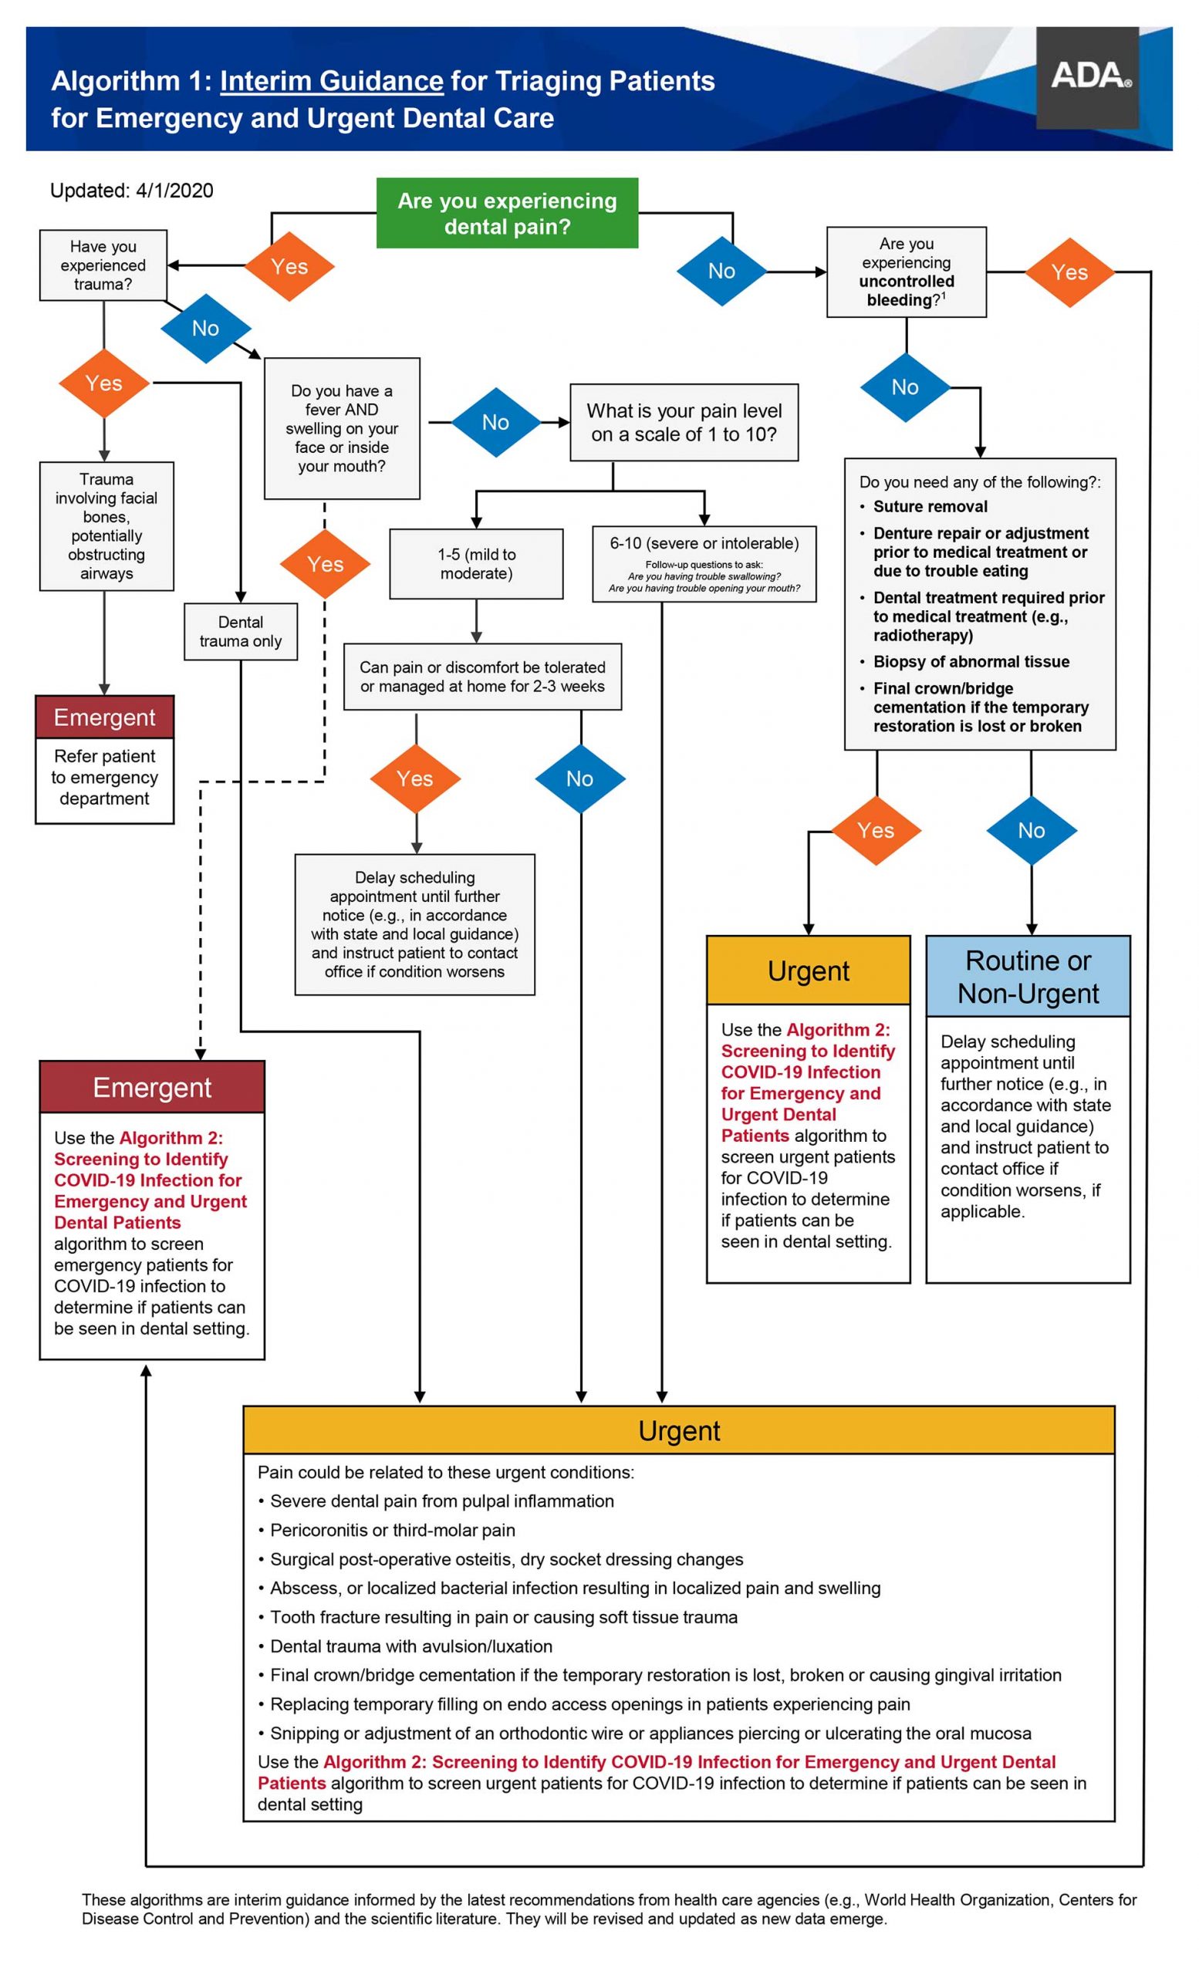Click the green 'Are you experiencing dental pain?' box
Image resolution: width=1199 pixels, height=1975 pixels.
tap(508, 213)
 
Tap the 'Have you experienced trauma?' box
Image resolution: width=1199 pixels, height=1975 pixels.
tap(103, 265)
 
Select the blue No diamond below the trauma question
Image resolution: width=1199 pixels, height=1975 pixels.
tap(206, 328)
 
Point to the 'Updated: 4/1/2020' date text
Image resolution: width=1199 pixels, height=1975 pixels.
tap(131, 191)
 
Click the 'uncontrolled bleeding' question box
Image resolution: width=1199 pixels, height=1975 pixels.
tap(907, 272)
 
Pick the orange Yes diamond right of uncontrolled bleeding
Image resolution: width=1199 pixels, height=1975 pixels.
tap(1070, 272)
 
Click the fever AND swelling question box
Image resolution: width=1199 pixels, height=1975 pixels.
tap(343, 429)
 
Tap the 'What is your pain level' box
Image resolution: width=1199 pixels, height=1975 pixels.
tap(684, 423)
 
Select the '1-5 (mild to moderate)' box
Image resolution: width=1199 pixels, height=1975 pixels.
tap(476, 563)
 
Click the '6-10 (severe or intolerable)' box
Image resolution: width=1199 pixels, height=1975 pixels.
tap(704, 564)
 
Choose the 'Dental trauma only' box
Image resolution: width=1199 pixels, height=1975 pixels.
tap(241, 632)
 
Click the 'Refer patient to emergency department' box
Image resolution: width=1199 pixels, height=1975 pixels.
tap(104, 778)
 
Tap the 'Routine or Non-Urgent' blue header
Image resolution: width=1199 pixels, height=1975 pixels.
tap(1028, 976)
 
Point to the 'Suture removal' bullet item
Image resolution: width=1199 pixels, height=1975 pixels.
tap(930, 507)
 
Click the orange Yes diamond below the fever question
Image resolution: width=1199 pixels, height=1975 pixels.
tap(326, 564)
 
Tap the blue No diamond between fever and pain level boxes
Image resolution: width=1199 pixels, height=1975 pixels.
tap(496, 423)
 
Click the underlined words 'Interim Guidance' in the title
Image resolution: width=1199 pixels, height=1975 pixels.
tap(332, 81)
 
